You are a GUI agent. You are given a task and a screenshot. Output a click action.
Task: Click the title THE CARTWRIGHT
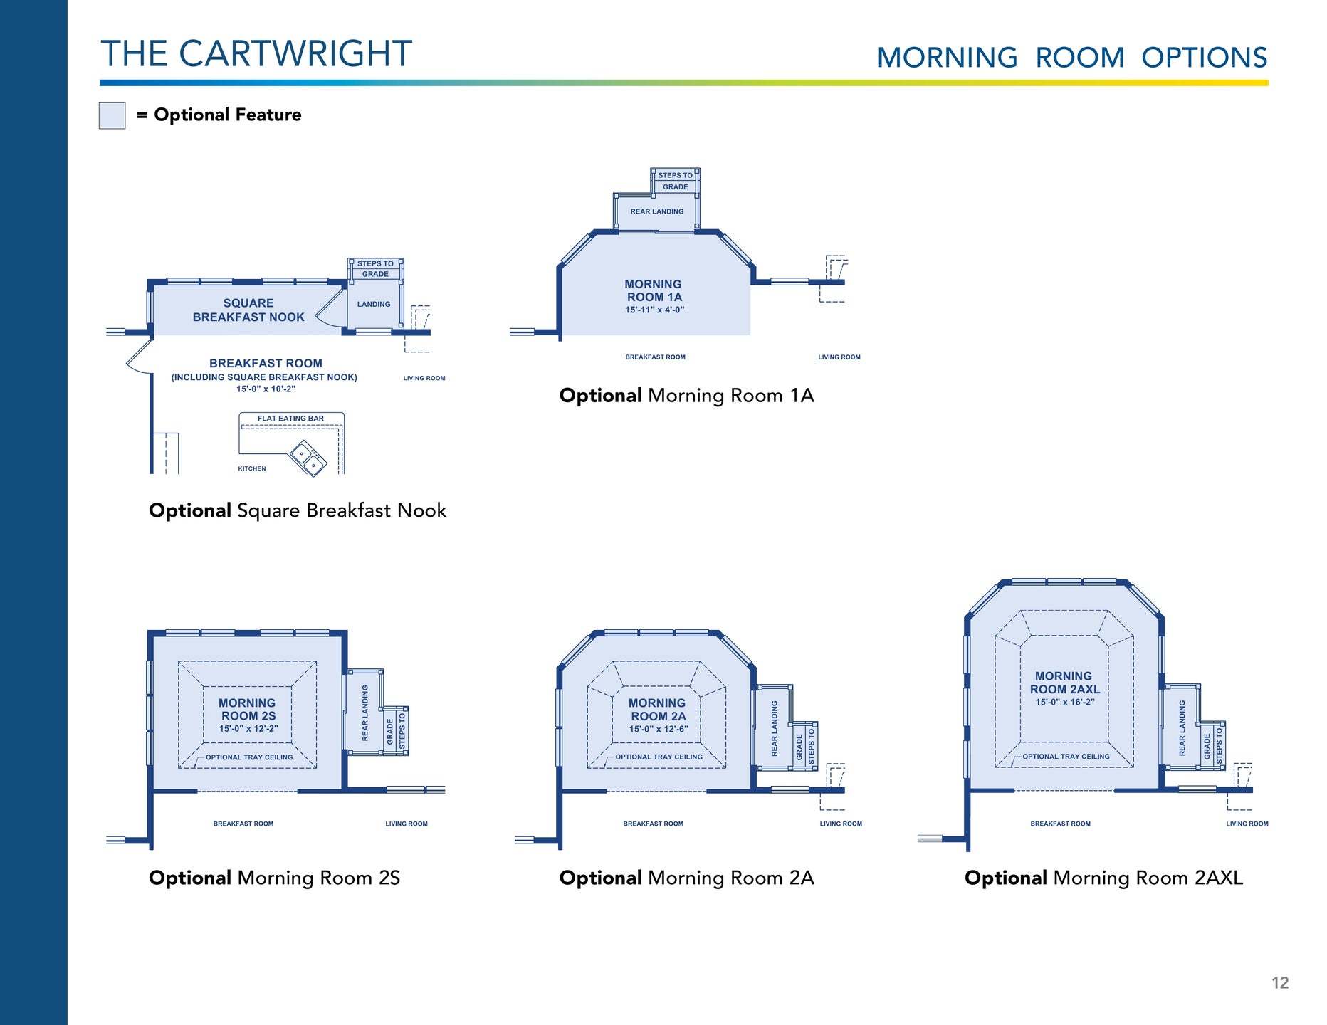coord(256,54)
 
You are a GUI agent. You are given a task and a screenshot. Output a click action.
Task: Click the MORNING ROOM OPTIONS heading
coord(1071,58)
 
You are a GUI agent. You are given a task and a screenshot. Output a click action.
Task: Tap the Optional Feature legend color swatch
coord(112,115)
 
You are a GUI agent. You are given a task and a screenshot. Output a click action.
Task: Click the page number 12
coord(1279,983)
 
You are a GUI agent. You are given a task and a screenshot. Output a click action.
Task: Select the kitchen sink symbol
coord(308,458)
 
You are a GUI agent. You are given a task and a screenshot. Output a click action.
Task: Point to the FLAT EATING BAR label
coord(290,419)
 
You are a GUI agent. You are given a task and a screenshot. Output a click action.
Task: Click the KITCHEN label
coord(252,468)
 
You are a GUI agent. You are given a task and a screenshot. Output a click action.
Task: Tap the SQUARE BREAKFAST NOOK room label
coord(248,310)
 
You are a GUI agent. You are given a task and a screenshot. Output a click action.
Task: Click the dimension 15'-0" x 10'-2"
coord(266,389)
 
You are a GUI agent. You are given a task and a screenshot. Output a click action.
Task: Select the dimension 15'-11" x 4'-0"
coord(654,310)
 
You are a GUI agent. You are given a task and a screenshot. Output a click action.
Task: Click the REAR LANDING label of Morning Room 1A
coord(656,211)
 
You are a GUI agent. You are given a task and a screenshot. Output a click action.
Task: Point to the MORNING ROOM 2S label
coord(248,709)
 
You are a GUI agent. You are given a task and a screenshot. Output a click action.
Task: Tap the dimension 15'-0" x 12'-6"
coord(659,729)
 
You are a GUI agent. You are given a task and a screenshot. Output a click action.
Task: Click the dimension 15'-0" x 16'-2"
coord(1065,702)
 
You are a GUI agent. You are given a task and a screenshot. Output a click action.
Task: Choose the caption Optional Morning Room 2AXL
coord(1103,878)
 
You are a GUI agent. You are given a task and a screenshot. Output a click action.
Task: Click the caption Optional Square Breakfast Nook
coord(298,510)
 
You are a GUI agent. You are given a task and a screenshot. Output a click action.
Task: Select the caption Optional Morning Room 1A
coord(686,396)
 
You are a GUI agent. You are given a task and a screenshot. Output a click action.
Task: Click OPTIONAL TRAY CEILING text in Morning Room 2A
coord(659,757)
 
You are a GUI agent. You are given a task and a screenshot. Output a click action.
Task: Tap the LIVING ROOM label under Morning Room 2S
coord(407,824)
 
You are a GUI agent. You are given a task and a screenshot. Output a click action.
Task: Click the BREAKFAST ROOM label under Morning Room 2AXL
coord(1060,824)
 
